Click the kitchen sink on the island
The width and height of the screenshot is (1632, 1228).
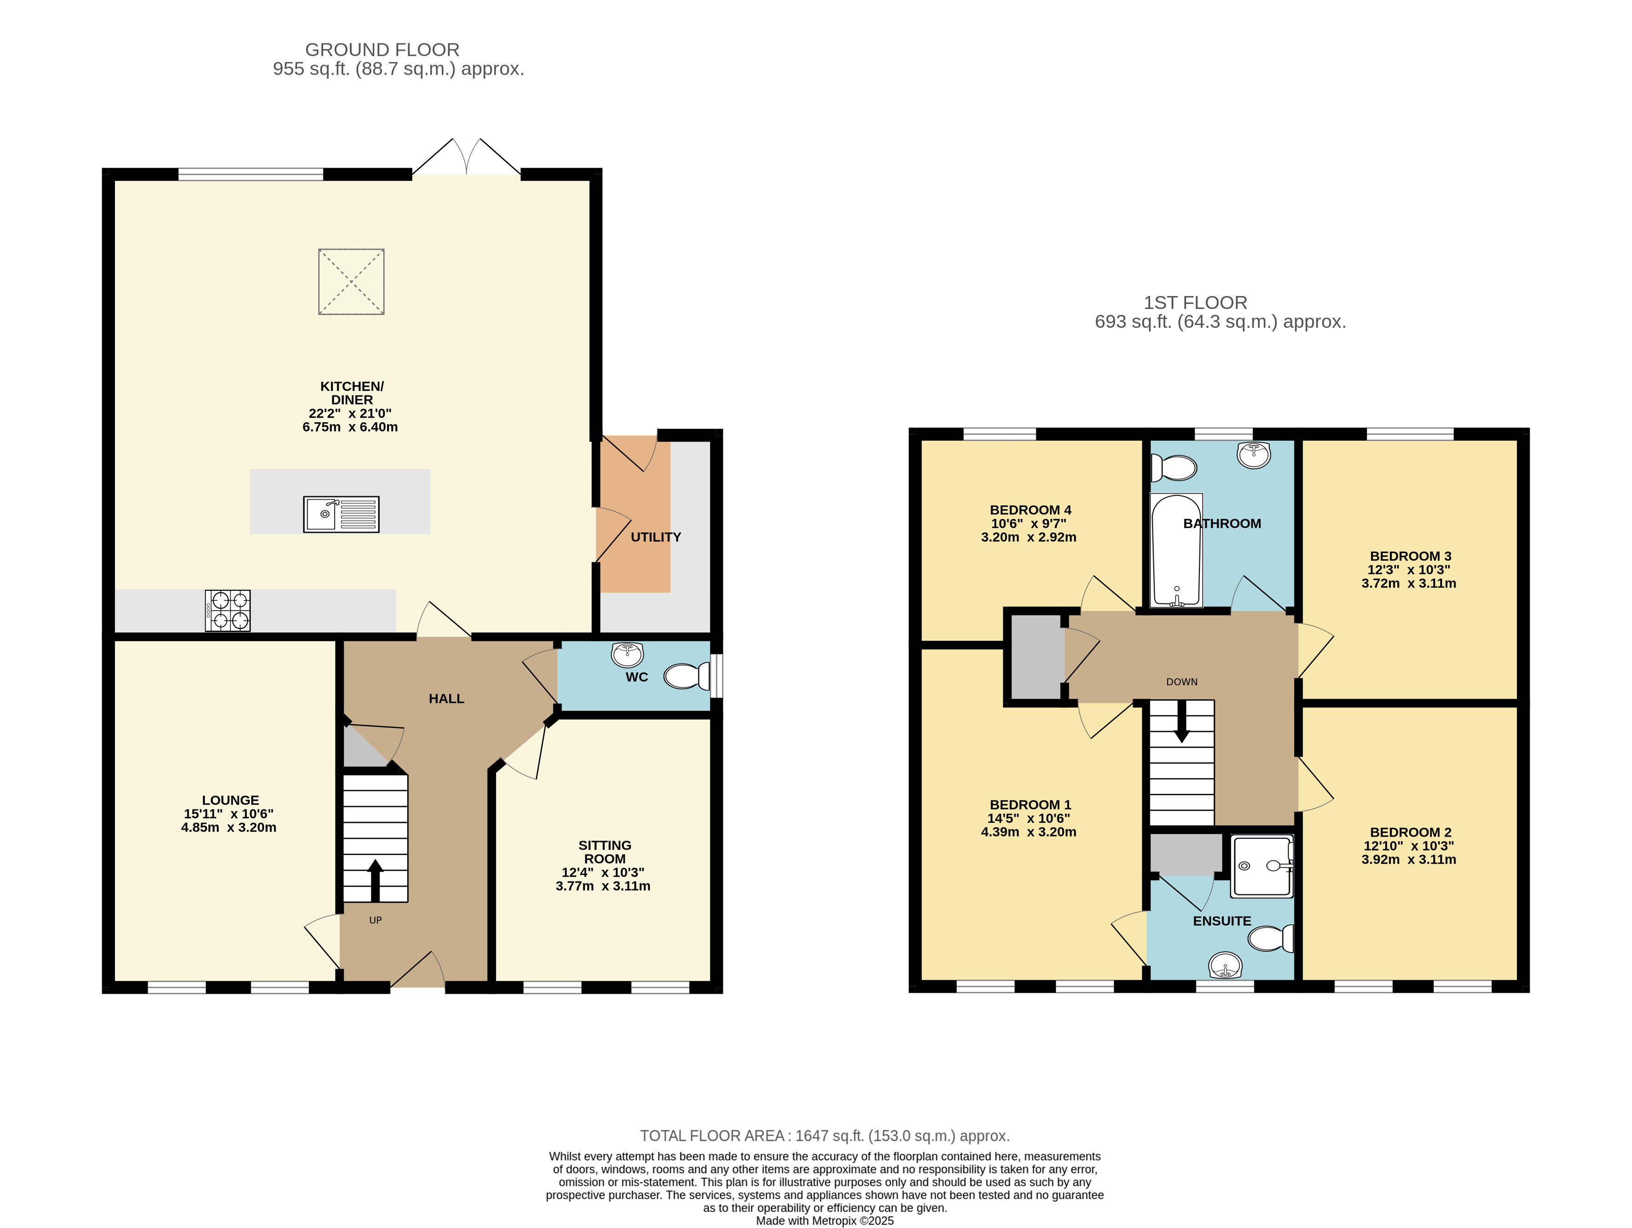341,514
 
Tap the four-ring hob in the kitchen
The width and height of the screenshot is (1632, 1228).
227,610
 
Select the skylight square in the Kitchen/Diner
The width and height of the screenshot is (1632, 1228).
351,282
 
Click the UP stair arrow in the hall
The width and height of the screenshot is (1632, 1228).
376,879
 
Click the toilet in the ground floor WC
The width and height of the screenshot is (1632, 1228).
687,676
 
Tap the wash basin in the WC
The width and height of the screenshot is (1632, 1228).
628,654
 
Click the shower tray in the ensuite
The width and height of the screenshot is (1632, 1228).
1262,866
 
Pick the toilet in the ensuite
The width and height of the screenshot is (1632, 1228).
1270,939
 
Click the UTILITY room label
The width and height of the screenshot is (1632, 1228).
656,537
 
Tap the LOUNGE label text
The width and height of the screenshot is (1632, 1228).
230,800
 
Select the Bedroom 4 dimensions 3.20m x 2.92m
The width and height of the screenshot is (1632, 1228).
1029,537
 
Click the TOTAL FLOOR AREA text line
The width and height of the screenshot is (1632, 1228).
825,1136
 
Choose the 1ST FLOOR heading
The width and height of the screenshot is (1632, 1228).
1195,303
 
